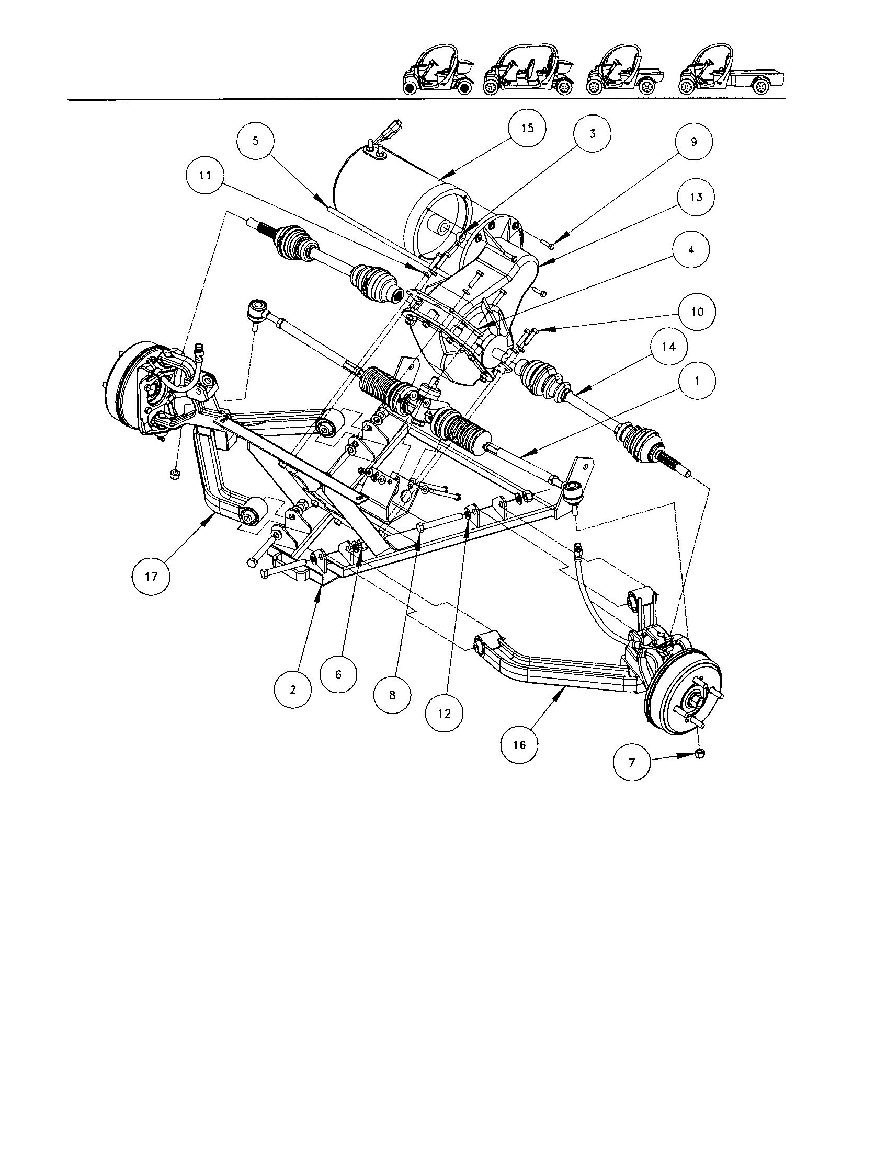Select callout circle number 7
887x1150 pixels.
(x=632, y=762)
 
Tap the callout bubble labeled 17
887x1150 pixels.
(x=151, y=577)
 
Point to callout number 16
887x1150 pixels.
(x=519, y=745)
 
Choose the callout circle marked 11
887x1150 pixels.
(x=206, y=176)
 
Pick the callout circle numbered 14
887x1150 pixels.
(x=668, y=347)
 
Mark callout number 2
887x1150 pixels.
(x=293, y=691)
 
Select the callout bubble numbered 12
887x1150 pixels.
(x=445, y=714)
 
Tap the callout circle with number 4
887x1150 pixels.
(x=691, y=249)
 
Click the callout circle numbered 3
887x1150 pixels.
(x=593, y=134)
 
